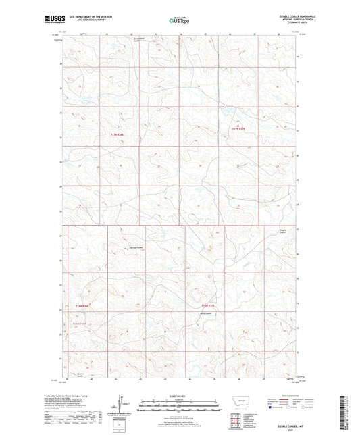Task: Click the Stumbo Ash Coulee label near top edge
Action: point(138,39)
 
